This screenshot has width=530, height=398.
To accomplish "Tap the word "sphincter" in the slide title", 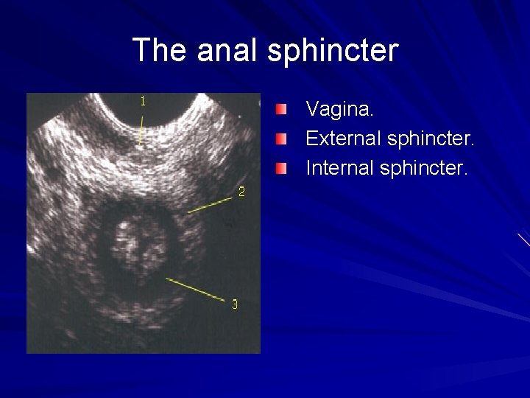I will (333, 51).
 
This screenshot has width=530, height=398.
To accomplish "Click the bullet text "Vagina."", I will (340, 110).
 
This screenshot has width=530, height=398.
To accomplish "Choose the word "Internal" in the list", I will (339, 167).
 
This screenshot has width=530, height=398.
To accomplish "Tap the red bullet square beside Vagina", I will (282, 111).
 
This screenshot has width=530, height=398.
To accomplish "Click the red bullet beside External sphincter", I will (282, 139).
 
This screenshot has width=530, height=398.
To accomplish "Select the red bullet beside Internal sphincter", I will (282, 168).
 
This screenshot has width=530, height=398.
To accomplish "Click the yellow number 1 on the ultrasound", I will (144, 102).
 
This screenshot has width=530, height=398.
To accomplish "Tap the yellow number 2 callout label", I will (241, 193).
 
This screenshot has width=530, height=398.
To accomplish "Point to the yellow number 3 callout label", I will (235, 304).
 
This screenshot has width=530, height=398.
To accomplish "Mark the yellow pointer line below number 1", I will (141, 129).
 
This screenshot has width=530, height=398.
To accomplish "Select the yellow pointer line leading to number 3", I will (194, 288).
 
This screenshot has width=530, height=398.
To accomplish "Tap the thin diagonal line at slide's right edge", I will (523, 239).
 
